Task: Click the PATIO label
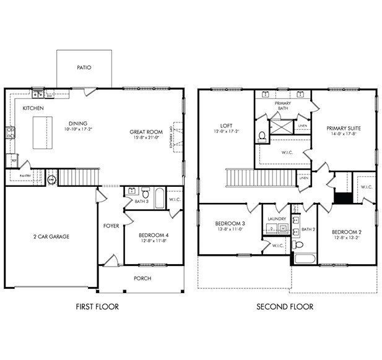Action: pyautogui.click(x=84, y=67)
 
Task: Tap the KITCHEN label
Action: pyautogui.click(x=33, y=108)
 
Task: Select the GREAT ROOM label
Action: pyautogui.click(x=146, y=132)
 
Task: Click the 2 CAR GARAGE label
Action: pyautogui.click(x=51, y=236)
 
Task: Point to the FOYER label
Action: pyautogui.click(x=111, y=226)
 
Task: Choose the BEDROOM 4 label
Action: pyautogui.click(x=154, y=236)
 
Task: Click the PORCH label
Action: pyautogui.click(x=142, y=278)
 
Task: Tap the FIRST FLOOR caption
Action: pyautogui.click(x=97, y=306)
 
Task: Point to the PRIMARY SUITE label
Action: pyautogui.click(x=344, y=129)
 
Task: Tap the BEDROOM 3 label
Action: pyautogui.click(x=230, y=223)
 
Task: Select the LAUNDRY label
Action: pyautogui.click(x=276, y=219)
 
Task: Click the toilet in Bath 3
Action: pyautogui.click(x=145, y=192)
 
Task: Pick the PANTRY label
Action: pyautogui.click(x=25, y=176)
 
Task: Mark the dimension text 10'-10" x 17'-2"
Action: pyautogui.click(x=78, y=129)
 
